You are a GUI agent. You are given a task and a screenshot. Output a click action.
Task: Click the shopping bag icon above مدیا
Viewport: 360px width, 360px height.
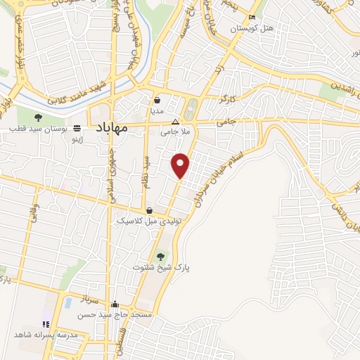[x=157, y=101]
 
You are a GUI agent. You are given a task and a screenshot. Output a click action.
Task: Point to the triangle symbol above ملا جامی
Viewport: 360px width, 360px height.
[x=176, y=121]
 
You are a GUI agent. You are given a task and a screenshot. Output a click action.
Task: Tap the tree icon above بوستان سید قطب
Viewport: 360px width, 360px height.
[x=38, y=117]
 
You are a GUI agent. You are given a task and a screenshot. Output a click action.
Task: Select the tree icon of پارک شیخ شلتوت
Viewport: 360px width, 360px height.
[x=162, y=256]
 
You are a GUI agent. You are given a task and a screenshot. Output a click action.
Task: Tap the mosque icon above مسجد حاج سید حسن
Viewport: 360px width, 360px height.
[x=115, y=304]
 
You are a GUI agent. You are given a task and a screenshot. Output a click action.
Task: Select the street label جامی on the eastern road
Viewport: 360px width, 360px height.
[x=224, y=122]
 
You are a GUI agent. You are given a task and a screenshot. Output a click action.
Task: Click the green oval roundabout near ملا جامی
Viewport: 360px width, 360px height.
[x=189, y=110]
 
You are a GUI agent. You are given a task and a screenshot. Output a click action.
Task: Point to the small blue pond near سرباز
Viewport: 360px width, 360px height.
[x=68, y=304]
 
